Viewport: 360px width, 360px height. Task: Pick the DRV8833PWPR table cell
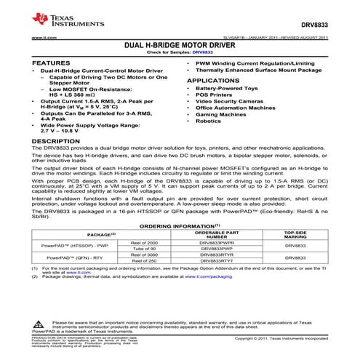pyautogui.click(x=217, y=242)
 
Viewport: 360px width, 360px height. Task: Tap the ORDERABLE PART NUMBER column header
pyautogui.click(x=217, y=234)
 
